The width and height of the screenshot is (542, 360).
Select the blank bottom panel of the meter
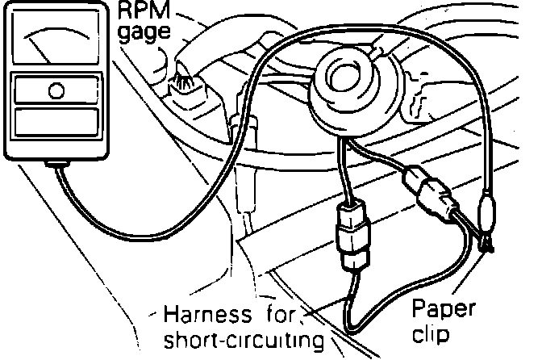[56, 124]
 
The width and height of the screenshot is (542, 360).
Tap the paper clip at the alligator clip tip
[488, 242]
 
